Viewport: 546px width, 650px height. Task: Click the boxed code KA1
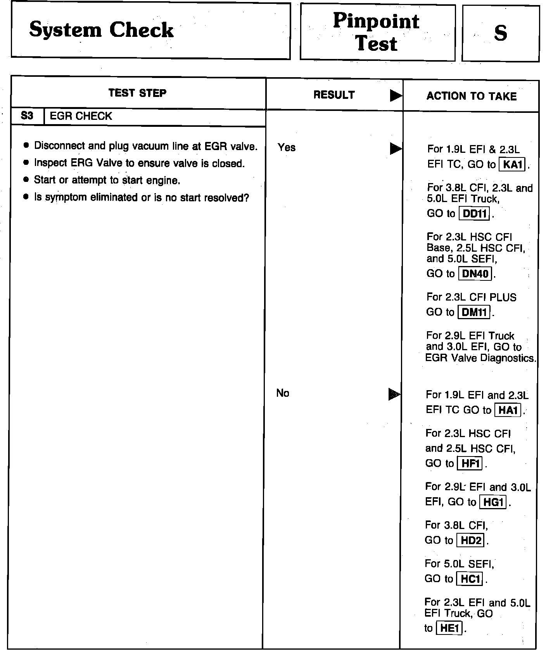point(512,165)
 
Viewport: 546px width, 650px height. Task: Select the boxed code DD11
point(474,214)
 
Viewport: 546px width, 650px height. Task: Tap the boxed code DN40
point(475,274)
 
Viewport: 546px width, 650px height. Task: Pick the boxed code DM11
point(474,312)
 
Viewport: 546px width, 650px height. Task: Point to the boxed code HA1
point(508,410)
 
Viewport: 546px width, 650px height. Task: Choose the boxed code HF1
point(470,463)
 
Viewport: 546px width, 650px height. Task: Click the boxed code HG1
point(493,502)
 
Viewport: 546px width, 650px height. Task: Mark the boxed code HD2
point(471,541)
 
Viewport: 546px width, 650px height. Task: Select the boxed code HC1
point(470,579)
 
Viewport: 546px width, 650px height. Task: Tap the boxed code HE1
point(449,628)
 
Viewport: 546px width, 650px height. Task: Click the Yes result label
point(287,147)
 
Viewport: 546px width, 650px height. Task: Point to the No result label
point(283,393)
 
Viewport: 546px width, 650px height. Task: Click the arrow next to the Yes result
point(396,149)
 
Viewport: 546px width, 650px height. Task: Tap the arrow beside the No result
point(394,394)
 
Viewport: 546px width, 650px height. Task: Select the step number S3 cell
point(27,116)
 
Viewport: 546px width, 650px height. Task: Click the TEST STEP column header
point(137,93)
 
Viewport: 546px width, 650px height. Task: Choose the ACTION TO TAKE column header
point(472,96)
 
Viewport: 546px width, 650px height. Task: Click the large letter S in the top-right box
point(500,33)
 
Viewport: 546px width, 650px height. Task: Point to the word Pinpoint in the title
point(376,21)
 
